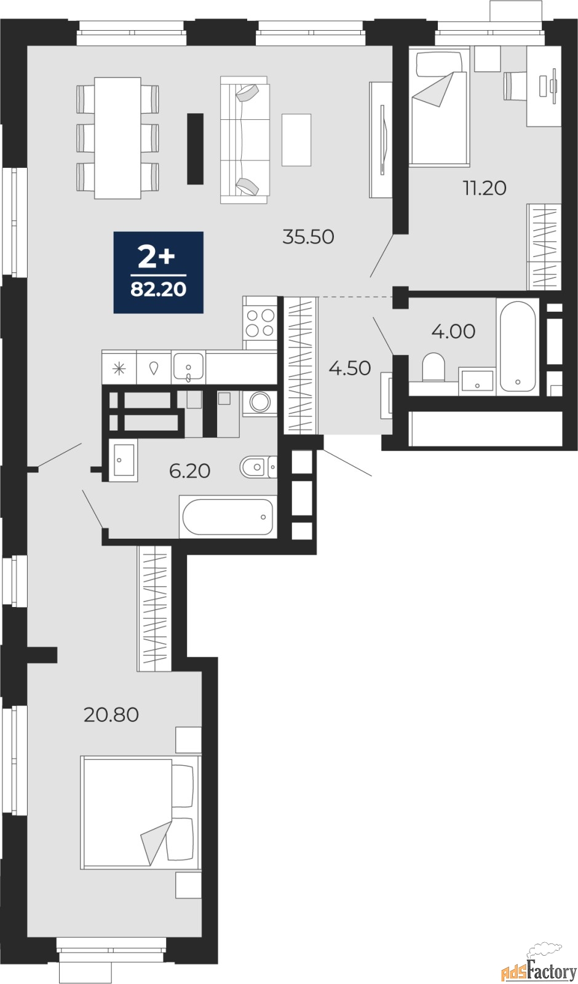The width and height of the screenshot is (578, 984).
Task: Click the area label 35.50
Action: tap(308, 237)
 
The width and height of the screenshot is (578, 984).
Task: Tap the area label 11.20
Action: tap(485, 188)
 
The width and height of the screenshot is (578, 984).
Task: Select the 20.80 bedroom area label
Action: tap(111, 715)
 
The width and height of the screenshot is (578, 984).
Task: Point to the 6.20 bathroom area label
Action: tap(190, 471)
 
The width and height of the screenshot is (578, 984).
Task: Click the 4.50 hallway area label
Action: tap(350, 368)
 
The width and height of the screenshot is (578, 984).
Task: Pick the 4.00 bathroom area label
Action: tap(453, 331)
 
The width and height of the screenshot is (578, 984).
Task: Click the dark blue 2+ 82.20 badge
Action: tap(159, 272)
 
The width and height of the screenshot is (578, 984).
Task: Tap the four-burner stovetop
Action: tap(260, 323)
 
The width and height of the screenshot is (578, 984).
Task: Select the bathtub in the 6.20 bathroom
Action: tap(228, 517)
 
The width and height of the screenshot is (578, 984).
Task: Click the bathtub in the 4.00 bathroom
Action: tap(518, 346)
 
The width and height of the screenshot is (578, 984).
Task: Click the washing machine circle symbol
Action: tap(260, 402)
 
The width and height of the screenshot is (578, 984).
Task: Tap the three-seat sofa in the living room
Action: tap(245, 140)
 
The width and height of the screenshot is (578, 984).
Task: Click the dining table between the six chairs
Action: tap(117, 138)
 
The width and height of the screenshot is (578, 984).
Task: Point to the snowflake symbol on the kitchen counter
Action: tap(119, 368)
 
